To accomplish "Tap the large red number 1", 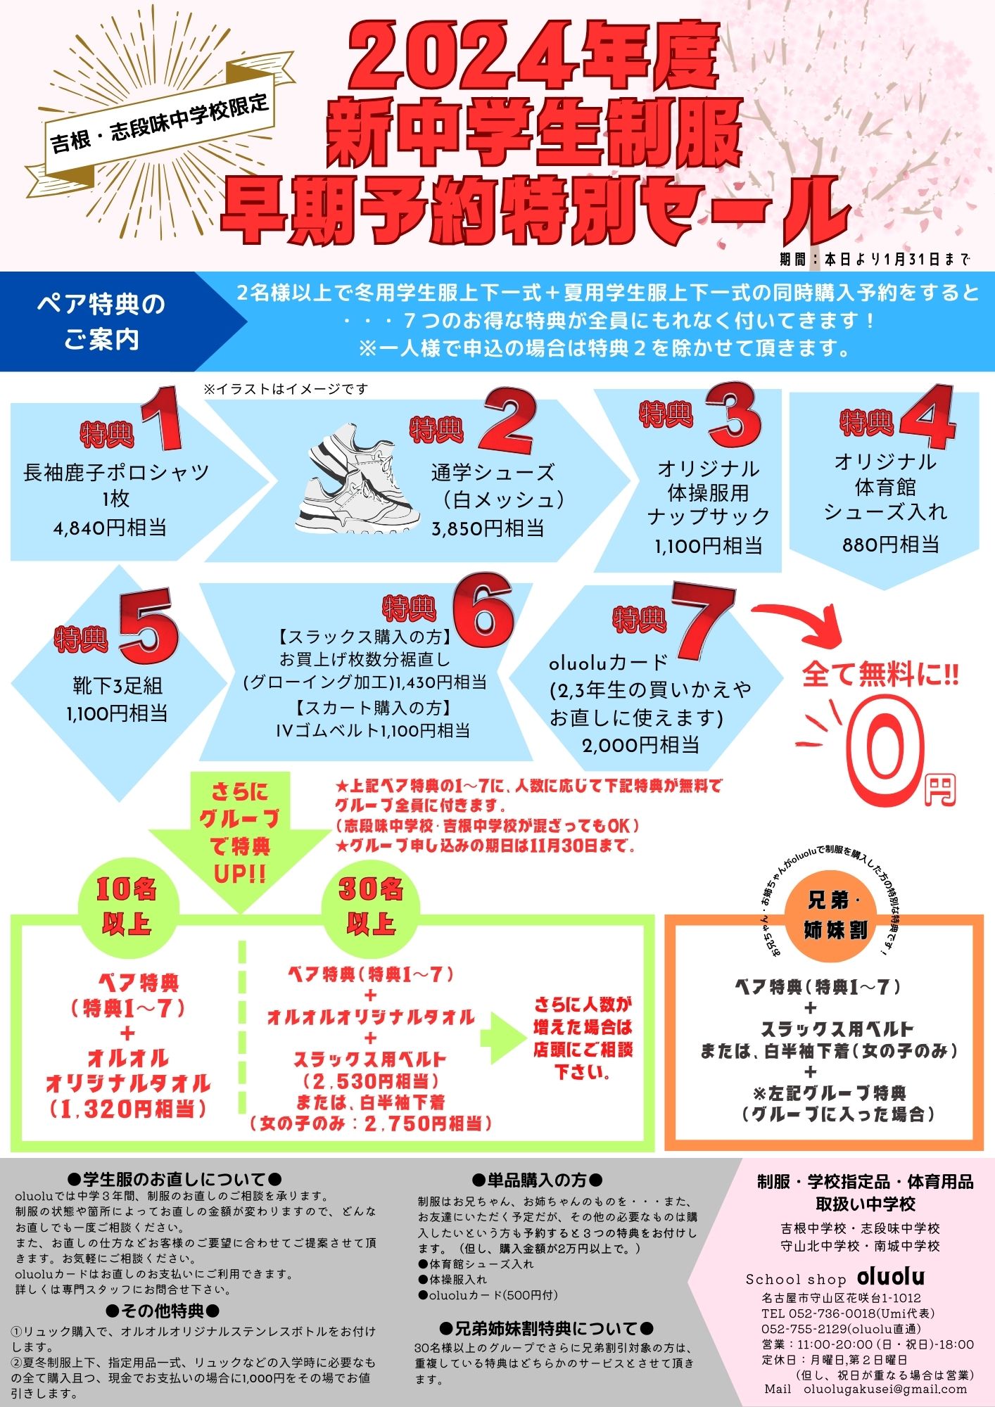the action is tap(162, 419).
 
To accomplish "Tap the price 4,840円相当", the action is tap(110, 528).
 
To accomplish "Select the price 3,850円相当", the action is tap(488, 528).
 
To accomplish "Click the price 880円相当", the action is tap(891, 544).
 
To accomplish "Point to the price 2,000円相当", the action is tap(640, 745).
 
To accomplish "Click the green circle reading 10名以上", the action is tap(127, 906).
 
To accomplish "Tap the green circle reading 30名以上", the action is tap(370, 906).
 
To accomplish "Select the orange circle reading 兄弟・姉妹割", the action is tap(836, 917).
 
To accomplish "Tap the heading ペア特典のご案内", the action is tap(101, 321).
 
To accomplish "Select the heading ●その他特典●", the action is tap(163, 1310).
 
